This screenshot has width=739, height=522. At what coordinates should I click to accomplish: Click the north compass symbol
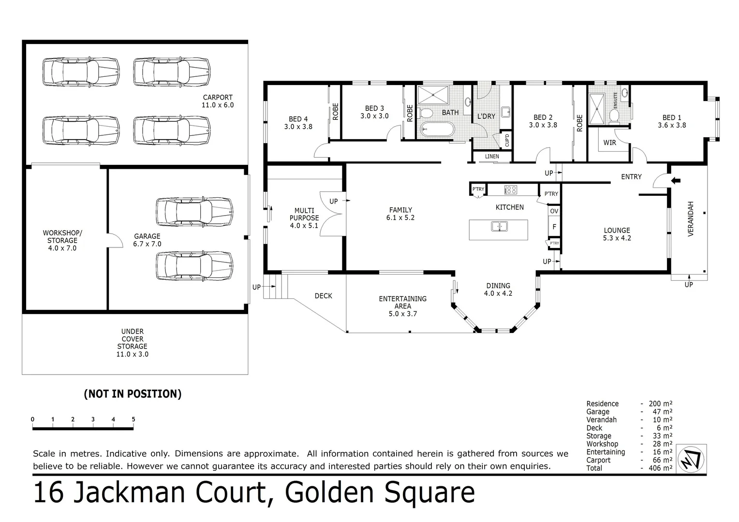691,458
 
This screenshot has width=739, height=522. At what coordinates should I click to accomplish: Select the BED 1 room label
672,121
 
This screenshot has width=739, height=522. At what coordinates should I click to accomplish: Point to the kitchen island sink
499,226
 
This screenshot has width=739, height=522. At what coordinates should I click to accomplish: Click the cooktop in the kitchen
510,190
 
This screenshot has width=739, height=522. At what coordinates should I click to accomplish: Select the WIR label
609,143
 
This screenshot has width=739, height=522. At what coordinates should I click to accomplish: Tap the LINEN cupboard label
492,157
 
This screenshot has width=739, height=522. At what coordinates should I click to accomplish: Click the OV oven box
554,211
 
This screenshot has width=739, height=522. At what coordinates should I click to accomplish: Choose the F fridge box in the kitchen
554,226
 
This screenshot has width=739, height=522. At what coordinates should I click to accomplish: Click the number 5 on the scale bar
133,420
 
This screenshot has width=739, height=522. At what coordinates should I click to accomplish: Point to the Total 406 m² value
661,468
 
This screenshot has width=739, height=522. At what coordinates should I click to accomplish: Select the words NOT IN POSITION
133,394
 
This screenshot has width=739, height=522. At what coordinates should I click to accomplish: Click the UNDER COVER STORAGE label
132,343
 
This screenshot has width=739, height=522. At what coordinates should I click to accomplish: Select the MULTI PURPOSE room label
304,218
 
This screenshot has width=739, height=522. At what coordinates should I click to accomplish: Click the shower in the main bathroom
433,95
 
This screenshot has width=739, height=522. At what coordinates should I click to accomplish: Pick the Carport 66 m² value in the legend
661,460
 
